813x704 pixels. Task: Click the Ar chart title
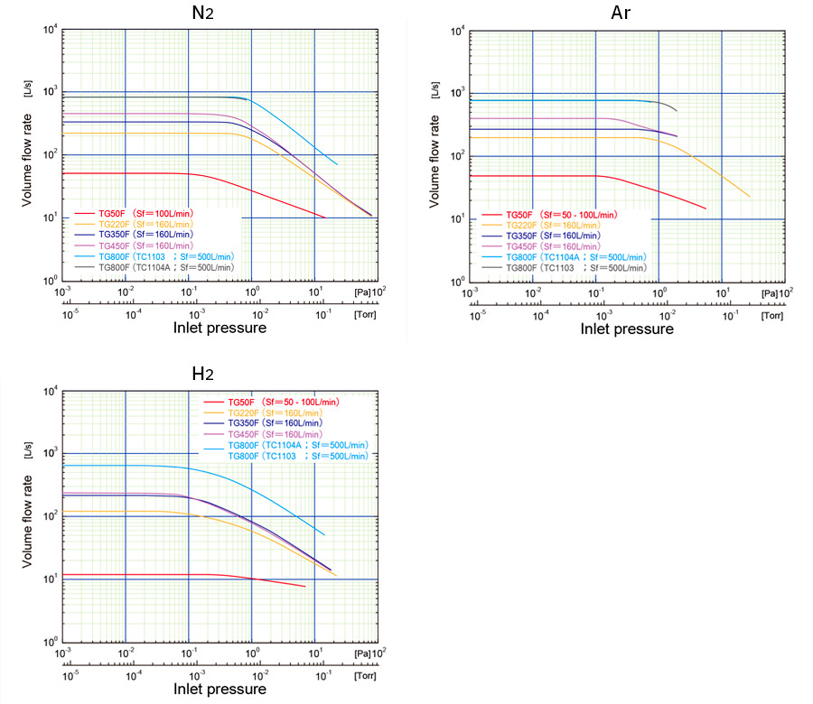[622, 14]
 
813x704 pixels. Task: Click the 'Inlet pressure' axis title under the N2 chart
[220, 328]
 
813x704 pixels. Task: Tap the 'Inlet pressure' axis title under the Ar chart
[627, 329]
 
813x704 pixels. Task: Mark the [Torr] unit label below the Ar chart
[773, 316]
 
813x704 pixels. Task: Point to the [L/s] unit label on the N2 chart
[27, 91]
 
